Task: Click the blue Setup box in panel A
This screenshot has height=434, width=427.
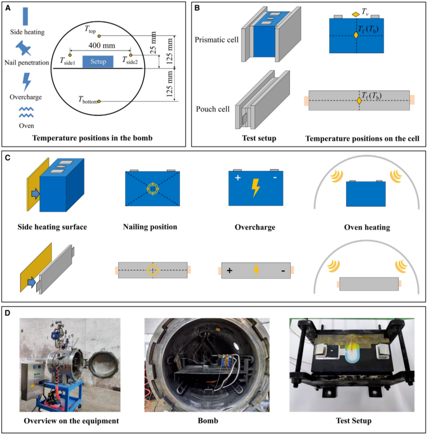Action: pos(98,62)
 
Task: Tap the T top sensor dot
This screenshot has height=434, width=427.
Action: pos(99,36)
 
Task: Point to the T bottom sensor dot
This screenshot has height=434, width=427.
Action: pos(99,101)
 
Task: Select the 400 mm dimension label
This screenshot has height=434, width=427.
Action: pos(101,45)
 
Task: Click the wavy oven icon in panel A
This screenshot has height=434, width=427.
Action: pos(26,113)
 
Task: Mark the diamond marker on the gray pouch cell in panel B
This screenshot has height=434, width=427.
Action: pos(359,101)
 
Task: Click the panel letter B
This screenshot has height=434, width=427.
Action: pos(198,7)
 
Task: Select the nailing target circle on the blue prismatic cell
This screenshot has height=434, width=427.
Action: pos(152,189)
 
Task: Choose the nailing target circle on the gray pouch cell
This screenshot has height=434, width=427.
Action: pos(152,270)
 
